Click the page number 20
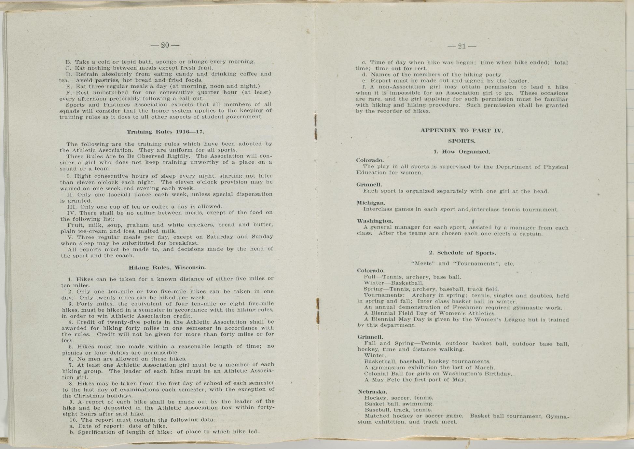coord(165,45)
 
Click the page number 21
coord(462,46)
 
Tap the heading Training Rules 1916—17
coord(165,132)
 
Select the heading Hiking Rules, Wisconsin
coord(167,267)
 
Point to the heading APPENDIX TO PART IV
coord(462,130)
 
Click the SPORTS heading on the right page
coord(462,141)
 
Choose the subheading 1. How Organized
coord(462,152)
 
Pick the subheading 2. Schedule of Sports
coord(462,253)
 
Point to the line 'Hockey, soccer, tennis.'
coord(399,398)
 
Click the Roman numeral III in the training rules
coord(72,207)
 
